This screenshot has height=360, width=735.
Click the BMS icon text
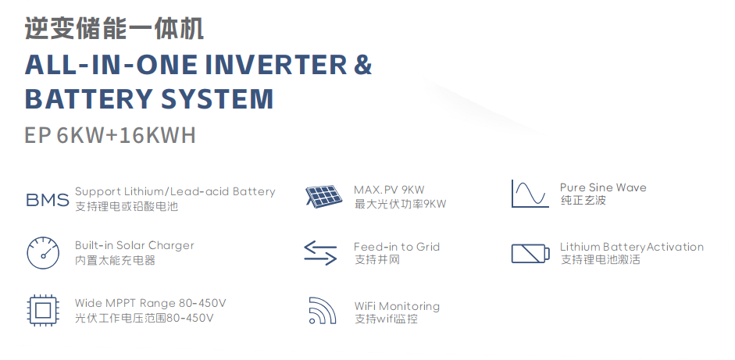48,200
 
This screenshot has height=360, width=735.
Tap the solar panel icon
323,197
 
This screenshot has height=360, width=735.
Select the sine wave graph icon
530,194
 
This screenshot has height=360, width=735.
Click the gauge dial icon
43,253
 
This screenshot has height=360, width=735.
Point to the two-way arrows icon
320,253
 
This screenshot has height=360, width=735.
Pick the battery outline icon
530,254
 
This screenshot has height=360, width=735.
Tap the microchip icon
43,310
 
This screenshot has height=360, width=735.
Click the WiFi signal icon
323,310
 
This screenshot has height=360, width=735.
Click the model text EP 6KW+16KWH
110,135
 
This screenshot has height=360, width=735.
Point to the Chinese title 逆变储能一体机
114,29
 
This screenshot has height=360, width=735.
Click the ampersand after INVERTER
362,65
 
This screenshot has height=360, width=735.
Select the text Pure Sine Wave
603,187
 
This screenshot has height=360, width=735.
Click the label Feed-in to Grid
397,247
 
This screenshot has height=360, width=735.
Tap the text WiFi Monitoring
397,306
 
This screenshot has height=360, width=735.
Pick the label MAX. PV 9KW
389,190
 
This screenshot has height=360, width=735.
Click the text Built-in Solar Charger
134,245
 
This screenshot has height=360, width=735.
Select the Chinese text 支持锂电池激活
601,259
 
